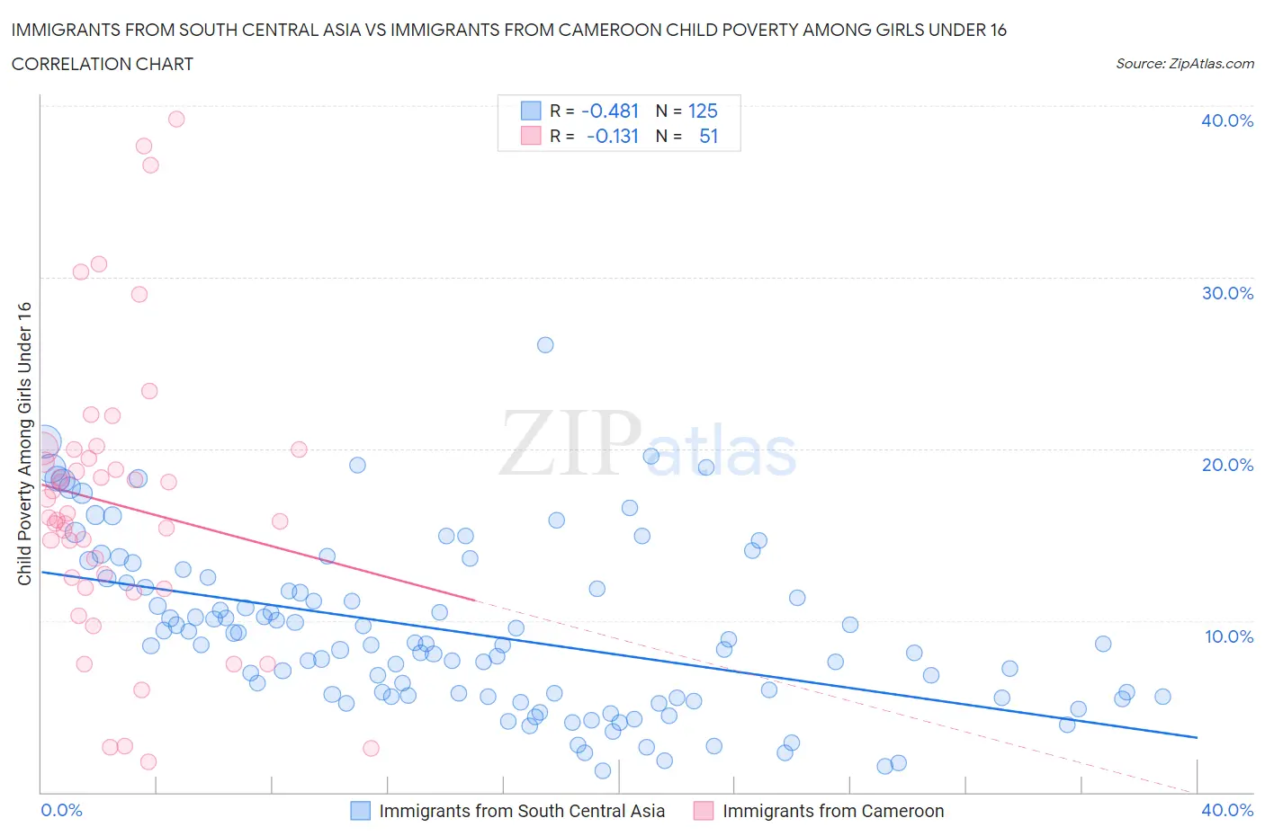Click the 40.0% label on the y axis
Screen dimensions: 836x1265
tap(1226, 120)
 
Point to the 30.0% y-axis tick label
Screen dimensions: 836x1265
tap(1226, 293)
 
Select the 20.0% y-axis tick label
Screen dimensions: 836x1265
tap(1226, 465)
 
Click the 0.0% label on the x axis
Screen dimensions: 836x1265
tap(61, 810)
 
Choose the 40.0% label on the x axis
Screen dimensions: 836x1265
tap(1227, 810)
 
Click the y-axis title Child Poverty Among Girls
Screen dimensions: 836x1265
tap(25, 443)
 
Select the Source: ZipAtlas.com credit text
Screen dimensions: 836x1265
tap(1184, 64)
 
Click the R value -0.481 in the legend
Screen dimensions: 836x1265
tap(610, 111)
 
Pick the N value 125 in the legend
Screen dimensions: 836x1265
tap(703, 111)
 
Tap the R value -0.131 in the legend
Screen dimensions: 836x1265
tap(612, 136)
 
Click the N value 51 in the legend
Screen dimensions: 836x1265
tap(708, 136)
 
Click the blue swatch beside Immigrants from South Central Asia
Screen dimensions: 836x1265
tap(360, 811)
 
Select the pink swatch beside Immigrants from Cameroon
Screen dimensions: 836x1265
tap(704, 811)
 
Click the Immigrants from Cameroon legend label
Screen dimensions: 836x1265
tap(833, 811)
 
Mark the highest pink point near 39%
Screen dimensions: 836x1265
tap(176, 119)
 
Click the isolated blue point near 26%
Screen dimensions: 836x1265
tap(545, 345)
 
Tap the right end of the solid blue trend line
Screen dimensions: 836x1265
tap(1197, 737)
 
